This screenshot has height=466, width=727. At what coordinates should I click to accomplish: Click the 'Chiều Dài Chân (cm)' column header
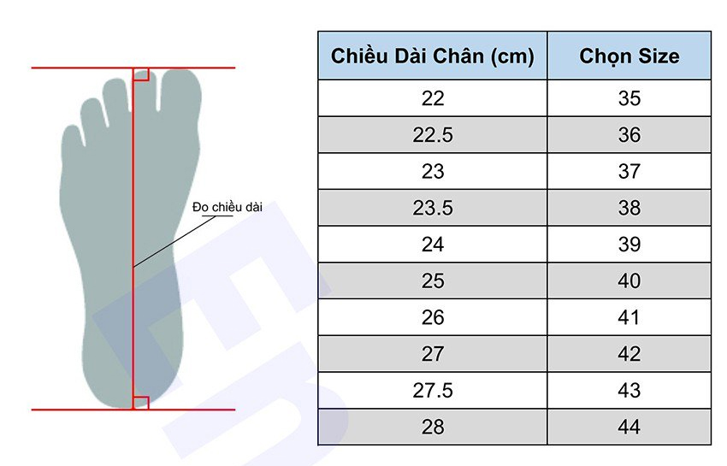pos(433,56)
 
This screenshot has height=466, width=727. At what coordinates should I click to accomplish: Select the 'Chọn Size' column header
pos(629,56)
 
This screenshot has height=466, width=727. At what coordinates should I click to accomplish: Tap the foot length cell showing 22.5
pos(433,135)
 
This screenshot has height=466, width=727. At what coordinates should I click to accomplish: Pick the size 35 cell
pos(629,98)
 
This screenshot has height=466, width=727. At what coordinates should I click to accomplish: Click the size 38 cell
pos(629,208)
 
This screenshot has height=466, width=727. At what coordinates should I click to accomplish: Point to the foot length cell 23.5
pos(433,208)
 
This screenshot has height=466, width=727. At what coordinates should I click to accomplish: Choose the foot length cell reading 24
pos(433,245)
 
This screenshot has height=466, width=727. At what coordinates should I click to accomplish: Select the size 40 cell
pos(629,281)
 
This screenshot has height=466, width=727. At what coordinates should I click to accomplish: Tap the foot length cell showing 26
pos(433,317)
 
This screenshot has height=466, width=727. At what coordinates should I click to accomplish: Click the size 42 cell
pos(629,354)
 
